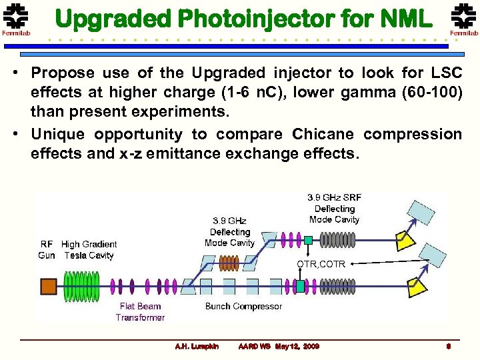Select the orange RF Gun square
(x=48, y=287)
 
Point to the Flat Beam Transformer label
(x=140, y=312)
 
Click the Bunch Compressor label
(x=243, y=307)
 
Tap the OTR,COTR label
(x=321, y=264)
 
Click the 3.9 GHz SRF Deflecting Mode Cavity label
(x=334, y=208)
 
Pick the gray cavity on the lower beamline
(x=337, y=287)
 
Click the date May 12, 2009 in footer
(x=297, y=347)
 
